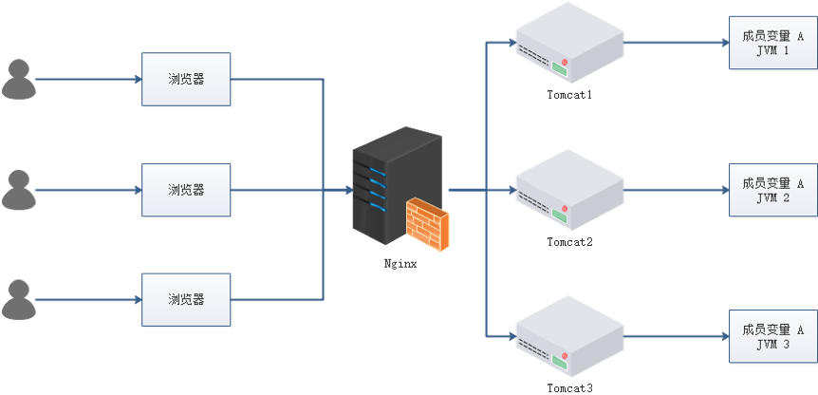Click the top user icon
18,79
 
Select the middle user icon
18,189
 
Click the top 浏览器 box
186,79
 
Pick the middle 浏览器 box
186,189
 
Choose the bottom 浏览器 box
186,299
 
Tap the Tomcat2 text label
569,242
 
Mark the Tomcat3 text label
569,388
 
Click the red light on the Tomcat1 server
565,65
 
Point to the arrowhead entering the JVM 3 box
724,336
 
